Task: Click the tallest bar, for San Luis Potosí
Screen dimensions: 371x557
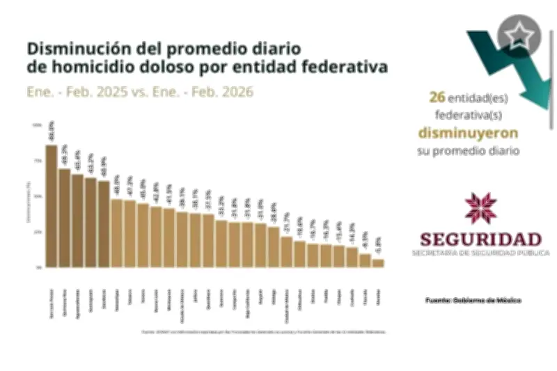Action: (51, 205)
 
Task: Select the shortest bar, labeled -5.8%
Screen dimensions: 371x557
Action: (378, 262)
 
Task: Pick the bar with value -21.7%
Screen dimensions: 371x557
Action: (286, 251)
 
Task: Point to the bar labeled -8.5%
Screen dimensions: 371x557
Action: (365, 260)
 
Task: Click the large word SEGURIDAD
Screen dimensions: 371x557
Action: (480, 237)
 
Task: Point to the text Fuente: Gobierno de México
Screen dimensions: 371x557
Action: (473, 300)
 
